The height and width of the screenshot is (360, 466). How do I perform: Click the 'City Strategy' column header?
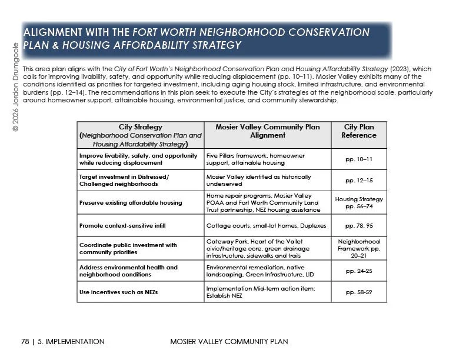[x=140, y=135]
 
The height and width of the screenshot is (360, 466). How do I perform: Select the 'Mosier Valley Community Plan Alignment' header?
[x=268, y=131]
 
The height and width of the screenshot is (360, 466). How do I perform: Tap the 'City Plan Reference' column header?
[x=358, y=131]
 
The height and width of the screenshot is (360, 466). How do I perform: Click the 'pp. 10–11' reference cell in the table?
[x=358, y=159]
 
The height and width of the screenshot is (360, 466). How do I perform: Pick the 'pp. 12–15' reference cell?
[x=358, y=181]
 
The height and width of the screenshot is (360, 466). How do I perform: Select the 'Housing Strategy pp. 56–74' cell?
[x=358, y=203]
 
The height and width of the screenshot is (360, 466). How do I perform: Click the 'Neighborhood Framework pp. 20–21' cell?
[x=358, y=248]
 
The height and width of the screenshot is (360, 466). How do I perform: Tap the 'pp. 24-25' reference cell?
[x=358, y=271]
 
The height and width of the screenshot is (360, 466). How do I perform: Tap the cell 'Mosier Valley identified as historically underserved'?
[x=258, y=181]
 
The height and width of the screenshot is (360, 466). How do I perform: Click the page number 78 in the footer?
[x=25, y=342]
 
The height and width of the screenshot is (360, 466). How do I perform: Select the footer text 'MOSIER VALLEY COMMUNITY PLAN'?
[x=221, y=342]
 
